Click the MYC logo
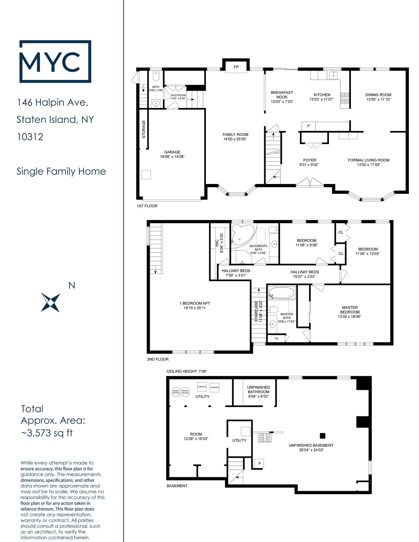coord(55,61)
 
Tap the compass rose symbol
coord(51,302)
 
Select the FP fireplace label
coord(236,67)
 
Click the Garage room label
coord(172,152)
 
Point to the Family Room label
coord(235,135)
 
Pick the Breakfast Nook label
coord(282,95)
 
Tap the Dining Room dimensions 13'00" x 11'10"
coord(378,99)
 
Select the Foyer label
coord(310,160)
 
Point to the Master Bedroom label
coord(350,310)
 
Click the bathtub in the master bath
coord(282,293)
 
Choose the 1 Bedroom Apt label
coord(194,303)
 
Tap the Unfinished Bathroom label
coord(258,389)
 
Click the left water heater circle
coord(176,392)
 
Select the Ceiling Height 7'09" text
coord(187,371)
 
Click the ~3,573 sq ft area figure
coord(46,433)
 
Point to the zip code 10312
coord(30,137)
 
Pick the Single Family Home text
coord(61,172)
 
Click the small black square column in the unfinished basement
coord(323,436)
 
